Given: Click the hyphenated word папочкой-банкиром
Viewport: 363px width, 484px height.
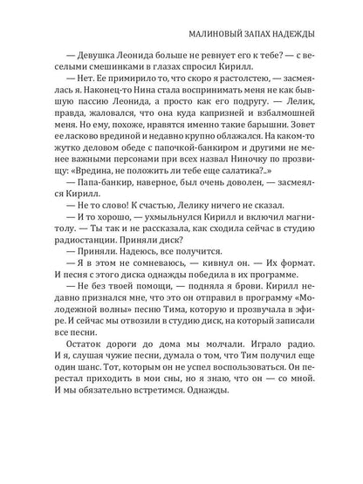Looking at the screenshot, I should coord(162,180).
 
